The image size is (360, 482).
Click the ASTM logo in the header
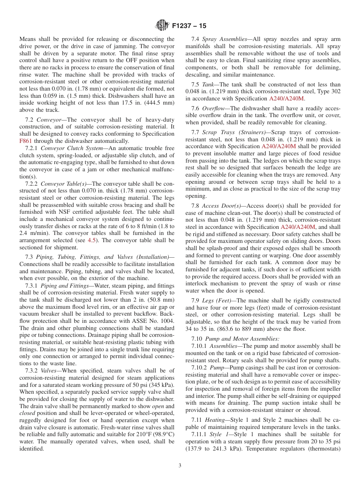162,26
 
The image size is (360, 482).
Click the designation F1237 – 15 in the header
189,26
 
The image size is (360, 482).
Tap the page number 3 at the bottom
180,466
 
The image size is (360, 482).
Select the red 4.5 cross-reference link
91,240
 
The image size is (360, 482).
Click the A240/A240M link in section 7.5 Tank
286,99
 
